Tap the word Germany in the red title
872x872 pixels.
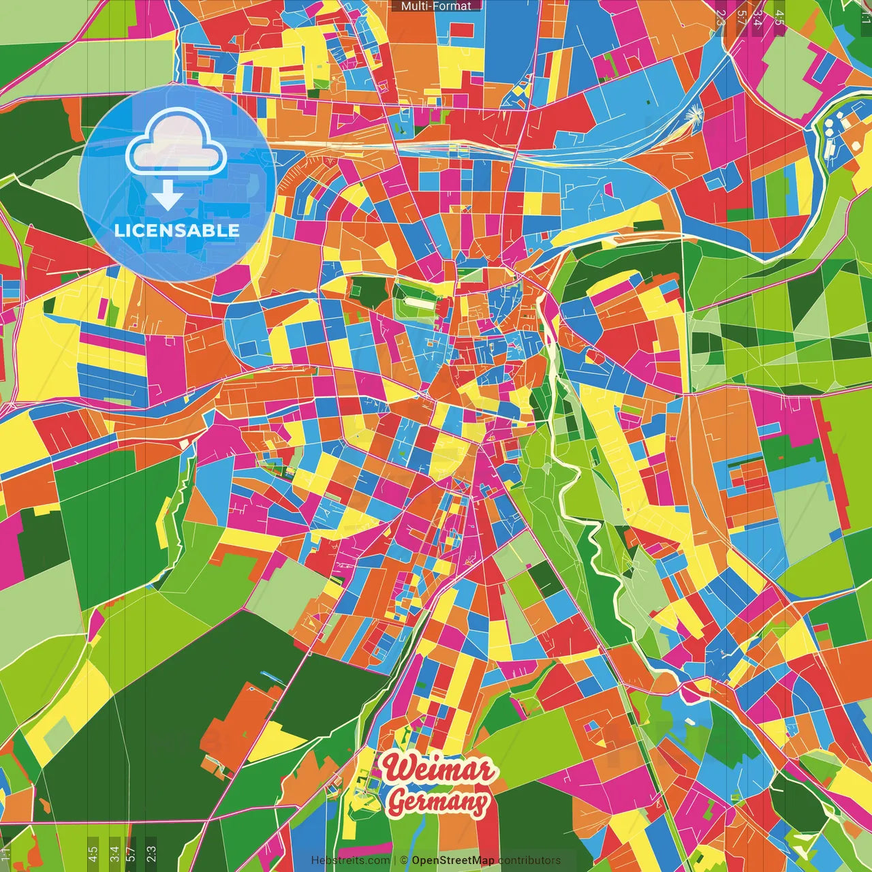point(438,802)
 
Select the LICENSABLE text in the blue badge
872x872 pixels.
point(177,230)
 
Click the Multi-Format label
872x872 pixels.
point(436,6)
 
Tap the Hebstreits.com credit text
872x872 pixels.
point(350,860)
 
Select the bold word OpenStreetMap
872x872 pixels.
point(453,860)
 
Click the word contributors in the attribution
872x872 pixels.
point(529,860)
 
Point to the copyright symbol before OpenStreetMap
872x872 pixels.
point(403,860)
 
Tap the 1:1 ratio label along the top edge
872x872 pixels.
point(865,15)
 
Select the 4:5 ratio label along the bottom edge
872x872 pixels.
point(93,853)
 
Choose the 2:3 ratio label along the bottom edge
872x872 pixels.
point(151,853)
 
